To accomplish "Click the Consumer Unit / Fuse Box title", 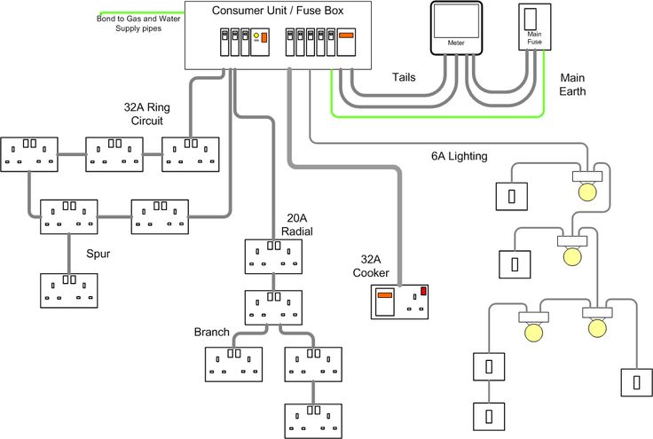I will tap(277, 11).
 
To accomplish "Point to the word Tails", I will tap(404, 78).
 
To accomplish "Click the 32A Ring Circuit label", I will tap(146, 114).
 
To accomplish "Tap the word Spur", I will tap(98, 253).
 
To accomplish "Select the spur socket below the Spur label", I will tap(68, 290).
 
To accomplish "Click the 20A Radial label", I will tap(298, 224).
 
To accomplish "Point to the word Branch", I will tap(211, 333).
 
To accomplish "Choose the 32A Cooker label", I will tap(370, 266).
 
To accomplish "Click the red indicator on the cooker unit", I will tap(424, 291).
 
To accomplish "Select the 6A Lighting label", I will tap(459, 156).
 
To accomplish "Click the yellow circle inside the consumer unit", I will tap(257, 37).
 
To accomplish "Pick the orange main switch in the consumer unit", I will tap(347, 37).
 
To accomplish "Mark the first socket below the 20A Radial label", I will tap(273, 256).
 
